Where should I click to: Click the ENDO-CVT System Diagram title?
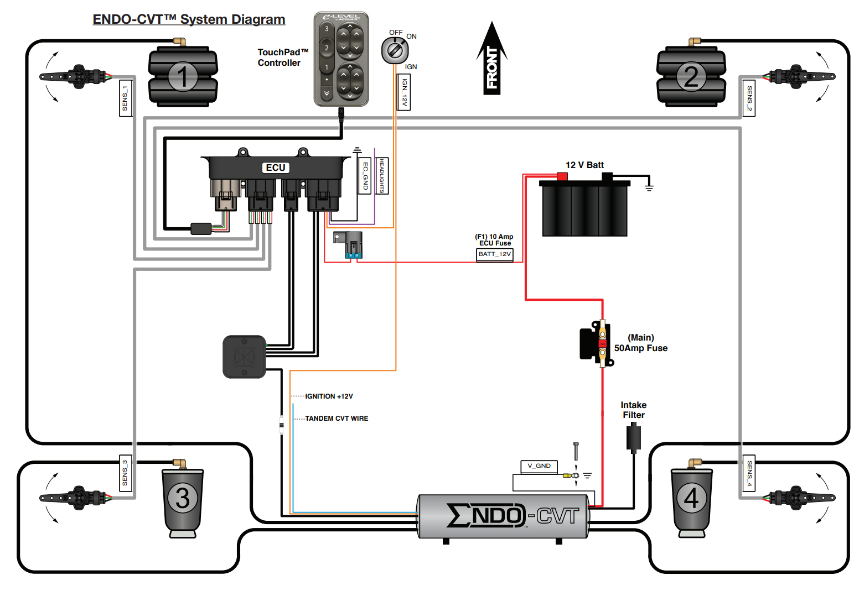189,19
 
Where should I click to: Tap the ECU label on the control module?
275,168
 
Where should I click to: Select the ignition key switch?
395,50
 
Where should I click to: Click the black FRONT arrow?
492,58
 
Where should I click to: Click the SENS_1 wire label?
125,98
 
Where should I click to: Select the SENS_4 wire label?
749,473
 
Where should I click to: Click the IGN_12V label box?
404,92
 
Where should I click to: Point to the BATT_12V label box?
494,254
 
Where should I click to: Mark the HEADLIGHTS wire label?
382,176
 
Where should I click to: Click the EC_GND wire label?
365,176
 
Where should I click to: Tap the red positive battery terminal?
562,176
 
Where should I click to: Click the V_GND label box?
539,466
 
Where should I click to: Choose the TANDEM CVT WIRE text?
337,419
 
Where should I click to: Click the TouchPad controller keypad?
341,59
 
